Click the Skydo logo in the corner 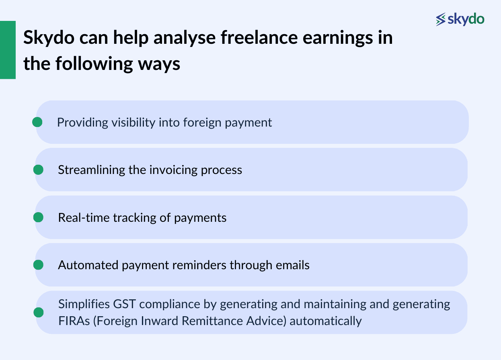tap(460, 19)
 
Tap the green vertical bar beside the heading tap(8, 50)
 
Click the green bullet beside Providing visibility tap(37, 122)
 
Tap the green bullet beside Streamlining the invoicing tap(38, 170)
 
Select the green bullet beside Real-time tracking tap(38, 217)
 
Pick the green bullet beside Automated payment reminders tap(38, 265)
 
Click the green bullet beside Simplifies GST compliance tap(38, 313)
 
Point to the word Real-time tap(84, 218)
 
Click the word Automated tap(83, 265)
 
